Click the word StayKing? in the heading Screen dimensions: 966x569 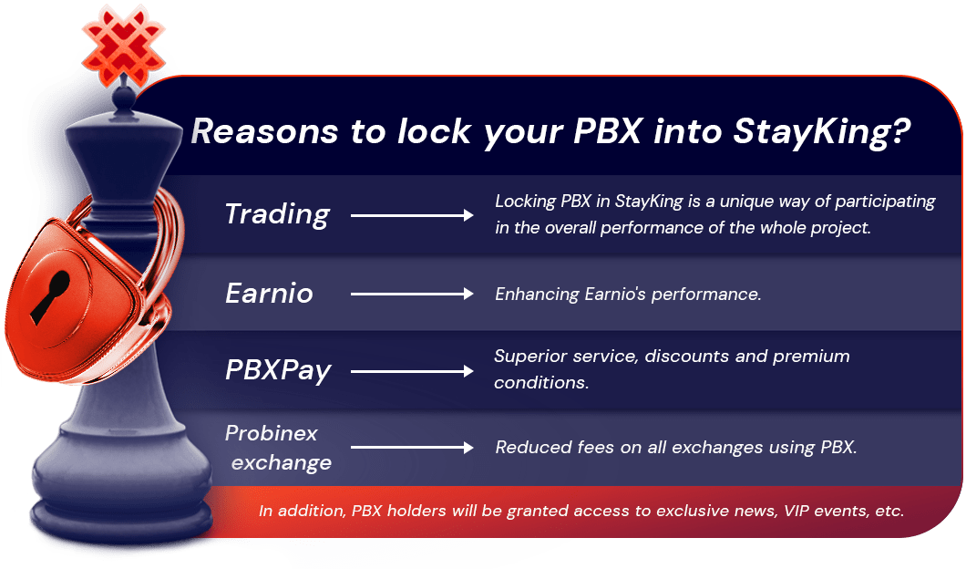822,133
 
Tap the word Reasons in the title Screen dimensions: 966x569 264,131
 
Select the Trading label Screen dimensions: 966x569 277,215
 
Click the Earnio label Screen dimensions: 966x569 269,293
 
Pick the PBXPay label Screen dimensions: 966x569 279,370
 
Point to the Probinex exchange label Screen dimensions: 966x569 279,448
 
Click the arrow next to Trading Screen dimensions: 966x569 412,215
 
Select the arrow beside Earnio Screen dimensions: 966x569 412,294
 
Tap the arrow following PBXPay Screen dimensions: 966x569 412,371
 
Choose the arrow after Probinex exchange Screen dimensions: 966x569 412,448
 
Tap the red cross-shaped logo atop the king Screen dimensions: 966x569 123,46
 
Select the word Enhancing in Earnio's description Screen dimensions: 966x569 537,295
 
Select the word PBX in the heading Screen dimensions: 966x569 608,131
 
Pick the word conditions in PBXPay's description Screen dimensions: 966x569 541,383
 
